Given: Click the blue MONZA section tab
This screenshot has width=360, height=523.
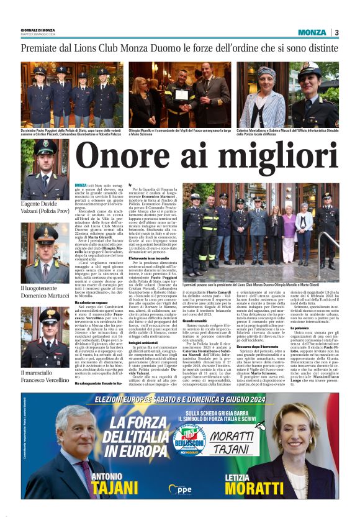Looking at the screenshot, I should [311, 32].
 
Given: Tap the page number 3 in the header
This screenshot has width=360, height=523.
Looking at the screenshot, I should [336, 32].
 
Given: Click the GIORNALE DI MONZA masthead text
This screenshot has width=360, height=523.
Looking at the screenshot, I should [38, 30].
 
